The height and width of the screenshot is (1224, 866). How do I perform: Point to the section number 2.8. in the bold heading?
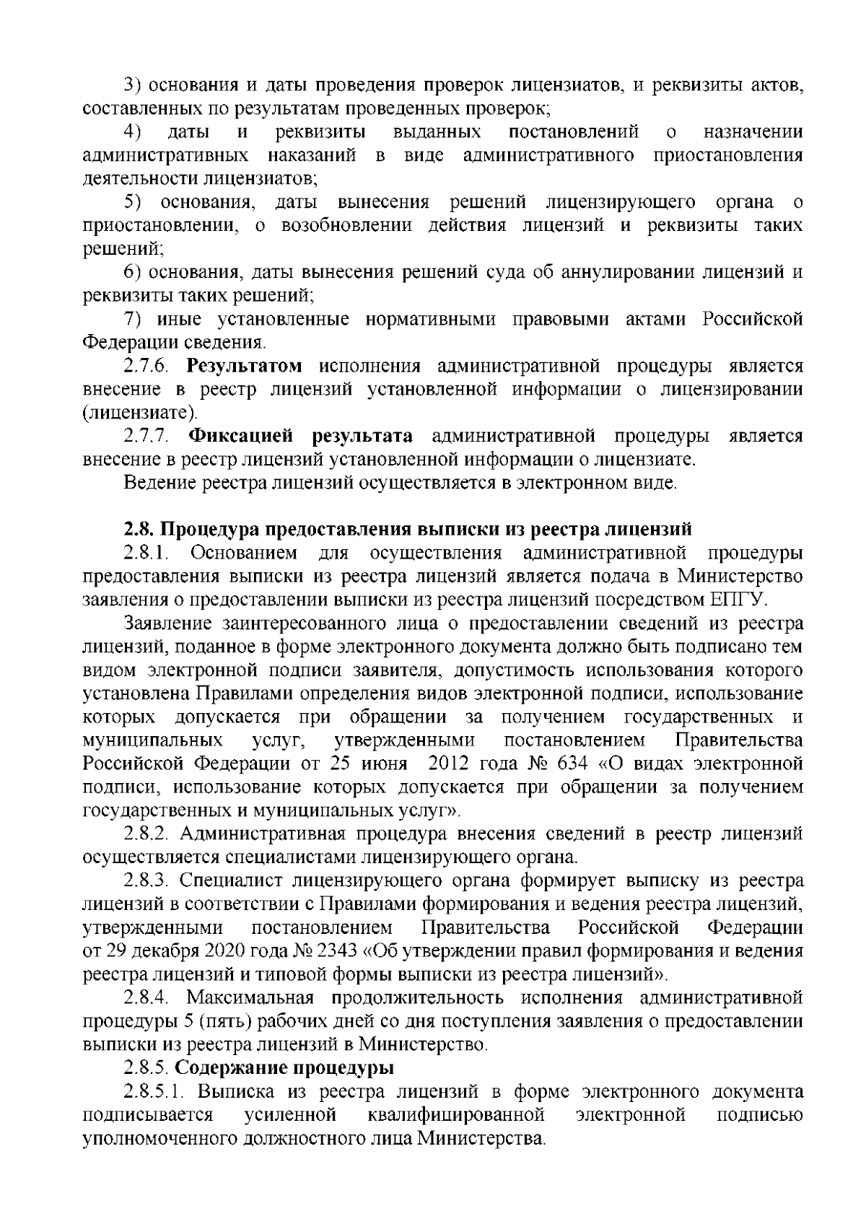(139, 529)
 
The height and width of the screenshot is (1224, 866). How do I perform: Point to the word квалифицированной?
(455, 1114)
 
